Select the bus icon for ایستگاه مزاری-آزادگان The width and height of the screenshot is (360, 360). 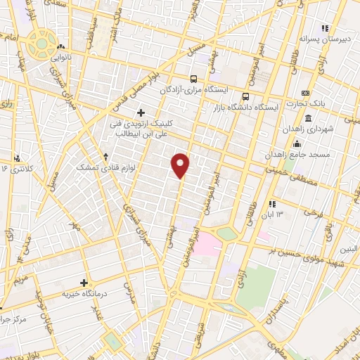click(194, 79)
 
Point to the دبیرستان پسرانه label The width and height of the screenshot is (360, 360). click(323, 41)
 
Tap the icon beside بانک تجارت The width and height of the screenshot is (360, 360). click(305, 93)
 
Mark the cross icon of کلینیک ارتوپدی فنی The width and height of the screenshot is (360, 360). click(141, 112)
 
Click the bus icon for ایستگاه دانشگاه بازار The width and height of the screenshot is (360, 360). click(245, 96)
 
